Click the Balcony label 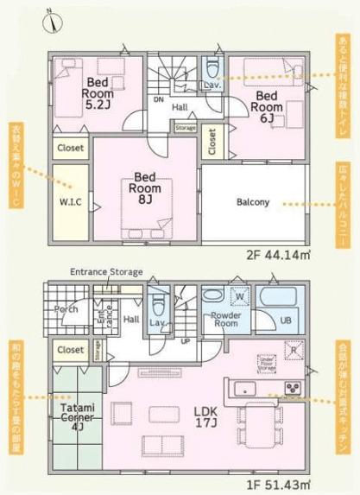[254, 202]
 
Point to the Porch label [66, 308]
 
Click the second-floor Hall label [180, 107]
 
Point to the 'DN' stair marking [158, 98]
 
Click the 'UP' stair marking [186, 340]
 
